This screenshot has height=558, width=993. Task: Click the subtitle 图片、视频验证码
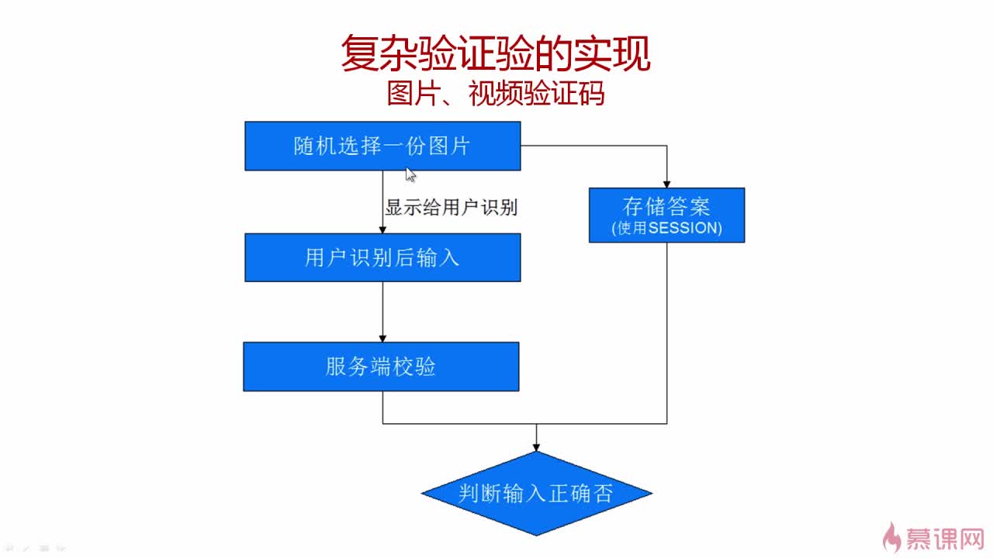pyautogui.click(x=495, y=94)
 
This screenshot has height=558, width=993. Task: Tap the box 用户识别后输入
pyautogui.click(x=382, y=257)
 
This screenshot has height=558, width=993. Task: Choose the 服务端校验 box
pyautogui.click(x=381, y=367)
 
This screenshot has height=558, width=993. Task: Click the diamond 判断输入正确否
pyautogui.click(x=536, y=494)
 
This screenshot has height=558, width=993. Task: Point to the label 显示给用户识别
pyautogui.click(x=451, y=208)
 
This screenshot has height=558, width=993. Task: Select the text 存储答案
pyautogui.click(x=666, y=206)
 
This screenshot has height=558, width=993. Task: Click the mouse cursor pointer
pyautogui.click(x=410, y=174)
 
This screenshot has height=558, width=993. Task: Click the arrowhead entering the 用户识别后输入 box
pyautogui.click(x=382, y=229)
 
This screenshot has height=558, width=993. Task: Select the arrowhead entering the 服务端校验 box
pyautogui.click(x=382, y=338)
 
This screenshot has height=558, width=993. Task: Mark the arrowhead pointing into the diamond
pyautogui.click(x=536, y=446)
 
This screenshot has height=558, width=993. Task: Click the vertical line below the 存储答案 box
pyautogui.click(x=667, y=333)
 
